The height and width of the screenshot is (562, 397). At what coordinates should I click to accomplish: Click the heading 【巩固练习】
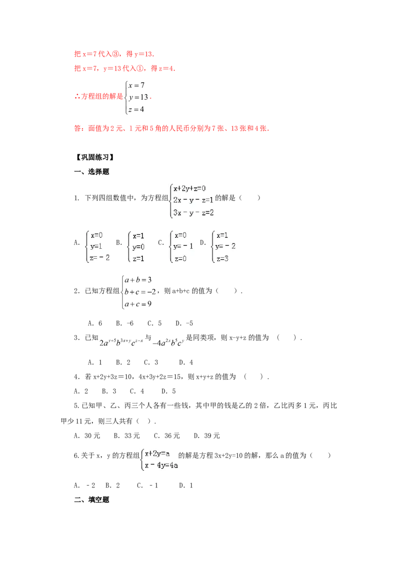[95, 157]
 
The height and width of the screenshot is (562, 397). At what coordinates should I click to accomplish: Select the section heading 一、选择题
[91, 172]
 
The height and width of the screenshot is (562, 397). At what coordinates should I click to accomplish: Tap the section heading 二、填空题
[91, 499]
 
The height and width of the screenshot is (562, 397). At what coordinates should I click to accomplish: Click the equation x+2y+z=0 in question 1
[190, 188]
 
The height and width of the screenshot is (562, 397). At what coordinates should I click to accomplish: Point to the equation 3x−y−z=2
[194, 212]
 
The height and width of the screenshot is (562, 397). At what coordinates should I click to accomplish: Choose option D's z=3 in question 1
[222, 259]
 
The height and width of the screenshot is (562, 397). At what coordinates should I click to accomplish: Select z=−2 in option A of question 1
[100, 257]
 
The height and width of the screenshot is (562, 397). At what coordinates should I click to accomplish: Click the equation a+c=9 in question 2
[138, 304]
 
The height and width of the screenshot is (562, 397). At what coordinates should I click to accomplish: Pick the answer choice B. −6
[125, 323]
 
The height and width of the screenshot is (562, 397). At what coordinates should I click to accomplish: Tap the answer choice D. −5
[184, 323]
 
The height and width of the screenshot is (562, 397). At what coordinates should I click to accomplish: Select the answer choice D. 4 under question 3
[186, 362]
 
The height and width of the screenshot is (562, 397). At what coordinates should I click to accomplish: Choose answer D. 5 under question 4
[169, 391]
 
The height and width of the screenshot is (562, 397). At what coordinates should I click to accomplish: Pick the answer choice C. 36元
[167, 436]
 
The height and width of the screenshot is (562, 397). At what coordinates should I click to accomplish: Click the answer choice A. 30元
[87, 436]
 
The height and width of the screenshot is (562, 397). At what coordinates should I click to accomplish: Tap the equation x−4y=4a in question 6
[161, 465]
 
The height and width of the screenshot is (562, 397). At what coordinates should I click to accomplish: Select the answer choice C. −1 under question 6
[147, 486]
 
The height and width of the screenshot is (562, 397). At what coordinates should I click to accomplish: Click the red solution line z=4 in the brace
[136, 109]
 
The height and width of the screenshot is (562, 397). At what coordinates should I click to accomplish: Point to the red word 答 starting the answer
[77, 128]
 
